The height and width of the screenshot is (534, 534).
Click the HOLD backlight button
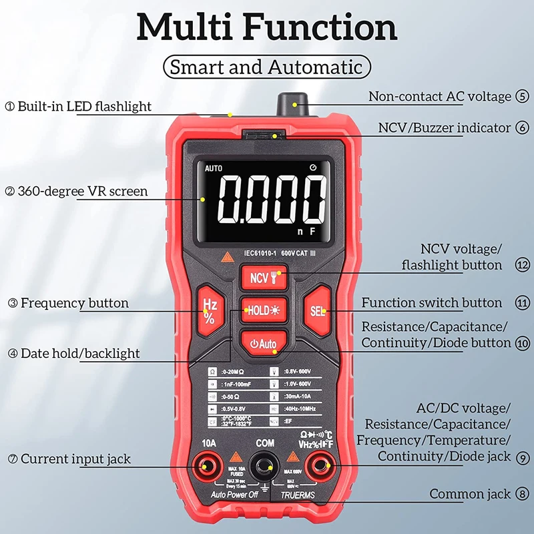[x=264, y=310]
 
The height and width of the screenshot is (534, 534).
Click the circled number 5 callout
[x=522, y=97]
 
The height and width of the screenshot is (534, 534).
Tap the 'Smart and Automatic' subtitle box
[x=267, y=67]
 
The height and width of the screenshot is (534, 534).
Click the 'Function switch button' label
[x=431, y=302]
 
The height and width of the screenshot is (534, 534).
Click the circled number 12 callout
[x=522, y=265]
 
